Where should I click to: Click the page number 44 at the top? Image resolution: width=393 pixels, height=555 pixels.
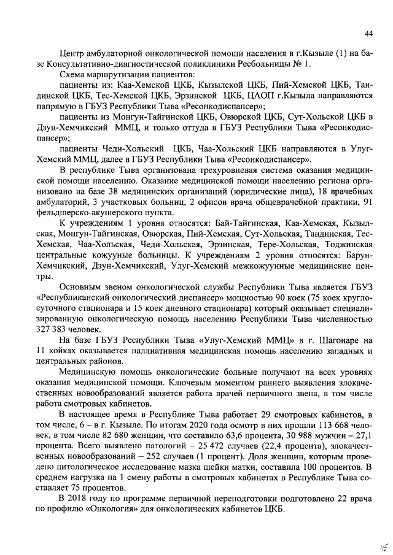click(x=369, y=33)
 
